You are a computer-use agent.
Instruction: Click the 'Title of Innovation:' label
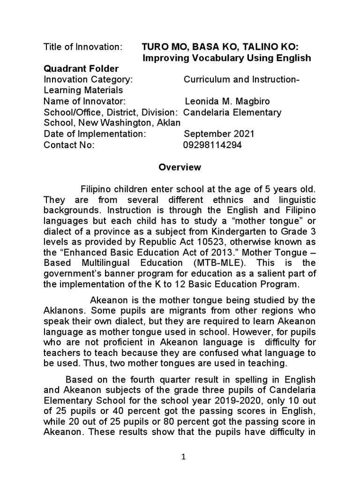point(83,47)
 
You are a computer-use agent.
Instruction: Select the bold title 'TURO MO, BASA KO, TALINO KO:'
point(220,47)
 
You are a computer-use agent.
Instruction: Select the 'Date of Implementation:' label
point(95,134)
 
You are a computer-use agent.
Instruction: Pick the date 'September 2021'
point(219,134)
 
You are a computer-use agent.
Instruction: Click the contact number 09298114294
point(212,145)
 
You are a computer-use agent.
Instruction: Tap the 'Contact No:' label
point(69,145)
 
